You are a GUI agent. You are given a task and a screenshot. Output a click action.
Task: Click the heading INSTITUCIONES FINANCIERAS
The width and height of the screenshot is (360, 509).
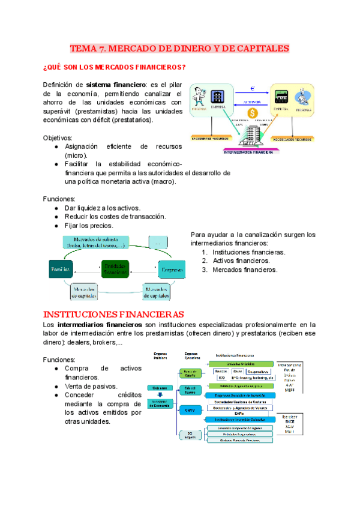[113, 314]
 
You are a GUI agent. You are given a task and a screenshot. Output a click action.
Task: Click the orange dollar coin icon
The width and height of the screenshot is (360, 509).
[252, 112]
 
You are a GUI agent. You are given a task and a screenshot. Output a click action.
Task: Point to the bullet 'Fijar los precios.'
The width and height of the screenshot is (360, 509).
[89, 226]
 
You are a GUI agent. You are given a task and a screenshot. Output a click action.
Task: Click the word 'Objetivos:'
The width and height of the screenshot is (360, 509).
[58, 137]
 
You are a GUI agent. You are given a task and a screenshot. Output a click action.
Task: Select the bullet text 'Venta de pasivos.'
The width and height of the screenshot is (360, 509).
[91, 387]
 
